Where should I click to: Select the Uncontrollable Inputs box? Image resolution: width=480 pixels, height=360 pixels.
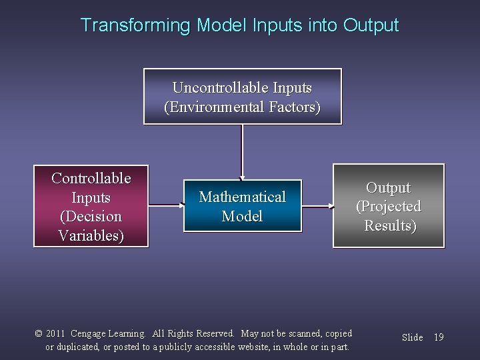click(242, 97)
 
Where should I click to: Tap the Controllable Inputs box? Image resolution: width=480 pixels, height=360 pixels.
click(91, 207)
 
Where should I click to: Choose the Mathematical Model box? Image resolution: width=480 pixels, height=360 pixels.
click(243, 206)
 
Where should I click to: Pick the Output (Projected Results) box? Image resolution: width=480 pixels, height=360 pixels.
click(389, 206)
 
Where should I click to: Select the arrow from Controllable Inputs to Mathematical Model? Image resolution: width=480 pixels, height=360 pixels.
click(165, 207)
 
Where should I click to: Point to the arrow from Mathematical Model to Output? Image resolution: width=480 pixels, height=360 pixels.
click(317, 207)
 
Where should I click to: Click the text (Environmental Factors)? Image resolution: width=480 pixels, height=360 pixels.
click(242, 107)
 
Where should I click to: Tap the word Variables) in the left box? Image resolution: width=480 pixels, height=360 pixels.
click(91, 236)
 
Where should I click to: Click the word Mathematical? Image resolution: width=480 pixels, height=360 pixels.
click(243, 197)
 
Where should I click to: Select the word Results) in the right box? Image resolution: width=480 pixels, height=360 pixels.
click(390, 225)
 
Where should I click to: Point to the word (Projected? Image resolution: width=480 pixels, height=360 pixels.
click(389, 207)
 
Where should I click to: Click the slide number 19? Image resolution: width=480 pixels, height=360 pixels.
click(438, 337)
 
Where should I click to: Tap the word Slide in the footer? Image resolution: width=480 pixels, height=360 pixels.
click(412, 337)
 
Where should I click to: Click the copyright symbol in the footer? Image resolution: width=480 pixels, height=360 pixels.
click(39, 333)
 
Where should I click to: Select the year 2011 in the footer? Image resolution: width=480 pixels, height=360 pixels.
click(56, 333)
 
